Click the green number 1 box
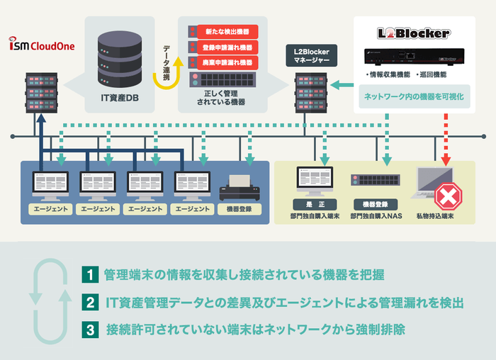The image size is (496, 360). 89,274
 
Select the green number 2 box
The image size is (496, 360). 89,303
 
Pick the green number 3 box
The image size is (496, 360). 89,330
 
